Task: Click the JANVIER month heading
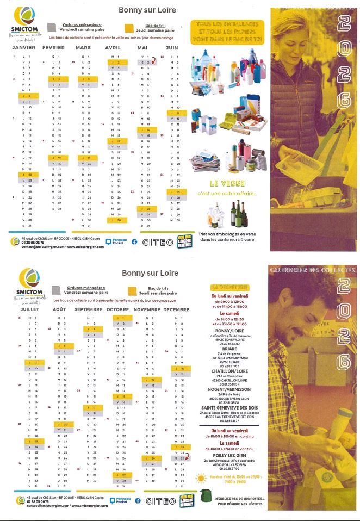click(x=24, y=48)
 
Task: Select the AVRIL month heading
click(x=113, y=48)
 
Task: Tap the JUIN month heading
click(x=172, y=48)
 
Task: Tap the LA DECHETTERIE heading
click(x=229, y=286)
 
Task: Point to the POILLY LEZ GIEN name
click(x=229, y=455)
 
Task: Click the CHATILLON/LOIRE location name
click(x=229, y=371)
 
